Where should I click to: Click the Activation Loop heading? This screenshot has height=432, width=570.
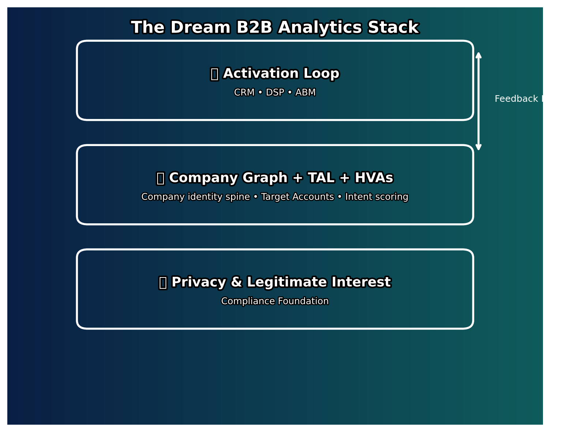point(281,74)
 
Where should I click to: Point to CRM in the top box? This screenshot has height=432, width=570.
point(244,93)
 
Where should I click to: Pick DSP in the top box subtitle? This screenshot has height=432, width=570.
point(275,93)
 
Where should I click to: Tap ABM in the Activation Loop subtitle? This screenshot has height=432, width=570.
point(305,93)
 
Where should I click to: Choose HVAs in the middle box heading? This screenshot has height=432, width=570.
point(374,178)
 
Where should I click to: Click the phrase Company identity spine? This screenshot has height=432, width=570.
point(196,197)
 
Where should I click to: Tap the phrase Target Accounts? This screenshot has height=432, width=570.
point(297,197)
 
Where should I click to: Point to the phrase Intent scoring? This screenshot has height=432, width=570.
point(377,197)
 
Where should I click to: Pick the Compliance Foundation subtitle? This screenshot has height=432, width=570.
point(275,301)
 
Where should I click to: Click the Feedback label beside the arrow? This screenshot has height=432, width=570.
point(516,99)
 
